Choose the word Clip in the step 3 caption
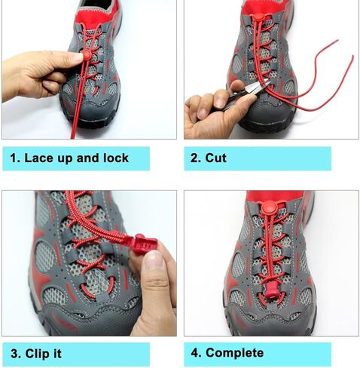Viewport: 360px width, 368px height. pos(38,353)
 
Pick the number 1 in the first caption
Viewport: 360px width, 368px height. pos(14,158)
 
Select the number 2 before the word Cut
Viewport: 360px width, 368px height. pos(195,158)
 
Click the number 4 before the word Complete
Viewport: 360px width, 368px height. pos(195,353)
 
